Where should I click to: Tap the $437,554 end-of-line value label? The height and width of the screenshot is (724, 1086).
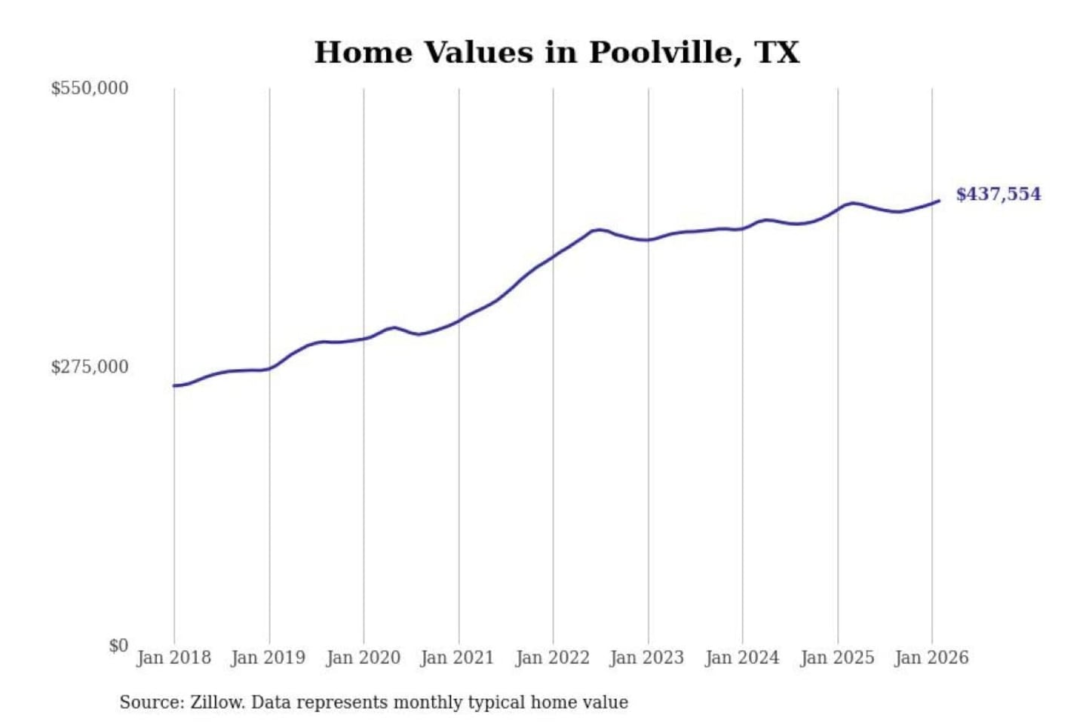(x=998, y=195)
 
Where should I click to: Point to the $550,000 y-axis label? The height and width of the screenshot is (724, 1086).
(x=90, y=88)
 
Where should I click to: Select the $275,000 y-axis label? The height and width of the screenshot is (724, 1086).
(x=90, y=367)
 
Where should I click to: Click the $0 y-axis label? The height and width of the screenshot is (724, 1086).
(x=118, y=646)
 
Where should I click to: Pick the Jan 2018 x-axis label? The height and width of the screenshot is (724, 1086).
(x=173, y=658)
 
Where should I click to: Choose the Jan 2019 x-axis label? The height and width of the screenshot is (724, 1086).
(x=268, y=658)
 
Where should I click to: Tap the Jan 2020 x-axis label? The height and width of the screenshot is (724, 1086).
(x=363, y=658)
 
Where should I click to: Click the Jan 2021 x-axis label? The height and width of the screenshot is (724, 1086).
(x=457, y=658)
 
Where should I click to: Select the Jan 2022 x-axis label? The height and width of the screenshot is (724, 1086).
(x=552, y=658)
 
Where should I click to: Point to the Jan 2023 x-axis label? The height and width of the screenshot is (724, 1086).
(x=646, y=658)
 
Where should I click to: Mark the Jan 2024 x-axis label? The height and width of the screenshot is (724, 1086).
(x=741, y=658)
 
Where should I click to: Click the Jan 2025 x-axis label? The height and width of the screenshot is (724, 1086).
(x=836, y=658)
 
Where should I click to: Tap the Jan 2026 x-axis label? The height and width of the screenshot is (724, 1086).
(x=931, y=658)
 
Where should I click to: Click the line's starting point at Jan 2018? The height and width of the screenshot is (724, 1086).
(x=174, y=386)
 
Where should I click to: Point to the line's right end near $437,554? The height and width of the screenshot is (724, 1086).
(x=938, y=201)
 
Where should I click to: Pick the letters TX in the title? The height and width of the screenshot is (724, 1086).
(x=777, y=53)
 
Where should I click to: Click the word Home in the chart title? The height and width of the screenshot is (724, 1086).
(x=364, y=53)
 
